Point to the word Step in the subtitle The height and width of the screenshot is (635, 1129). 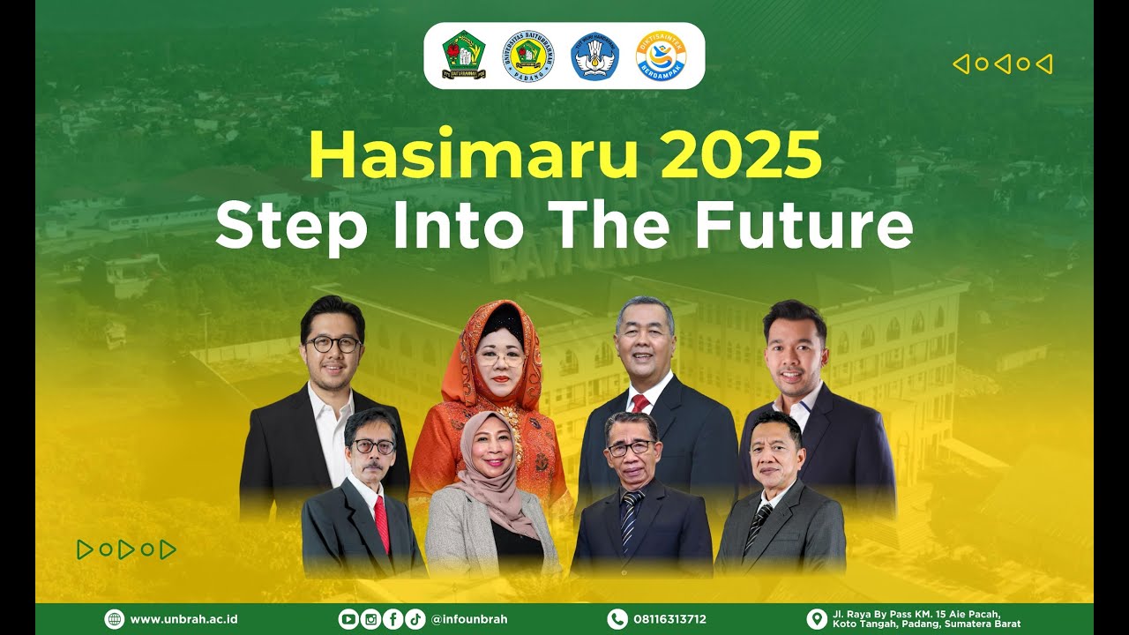291,226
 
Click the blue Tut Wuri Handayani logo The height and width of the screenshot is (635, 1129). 595,56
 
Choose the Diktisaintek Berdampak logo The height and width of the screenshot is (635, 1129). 661,56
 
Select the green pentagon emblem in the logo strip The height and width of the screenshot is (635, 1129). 464,56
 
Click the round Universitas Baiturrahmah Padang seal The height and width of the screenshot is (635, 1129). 528,56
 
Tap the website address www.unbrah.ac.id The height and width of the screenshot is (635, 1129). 183,619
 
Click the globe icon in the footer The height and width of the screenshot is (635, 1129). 115,619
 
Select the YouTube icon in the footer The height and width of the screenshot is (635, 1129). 348,619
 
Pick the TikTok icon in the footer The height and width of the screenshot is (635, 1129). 415,619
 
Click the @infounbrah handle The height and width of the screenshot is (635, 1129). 469,619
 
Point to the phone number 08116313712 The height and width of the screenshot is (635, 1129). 669,619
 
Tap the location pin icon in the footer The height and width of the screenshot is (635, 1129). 817,619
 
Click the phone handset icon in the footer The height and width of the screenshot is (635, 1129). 617,619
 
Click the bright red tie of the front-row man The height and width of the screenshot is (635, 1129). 381,522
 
